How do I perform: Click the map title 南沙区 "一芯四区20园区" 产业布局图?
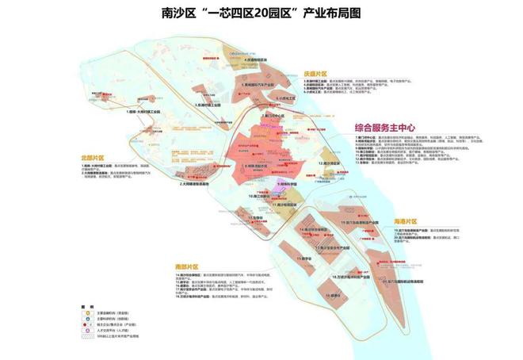pyautogui.click(x=261, y=13)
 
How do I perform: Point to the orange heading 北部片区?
pyautogui.click(x=93, y=158)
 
